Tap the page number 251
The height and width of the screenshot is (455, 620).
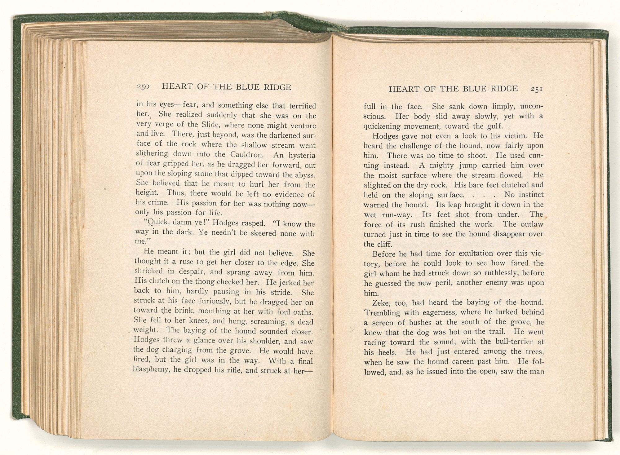536,89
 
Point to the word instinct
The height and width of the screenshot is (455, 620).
531,195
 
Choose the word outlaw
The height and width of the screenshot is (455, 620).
532,224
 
